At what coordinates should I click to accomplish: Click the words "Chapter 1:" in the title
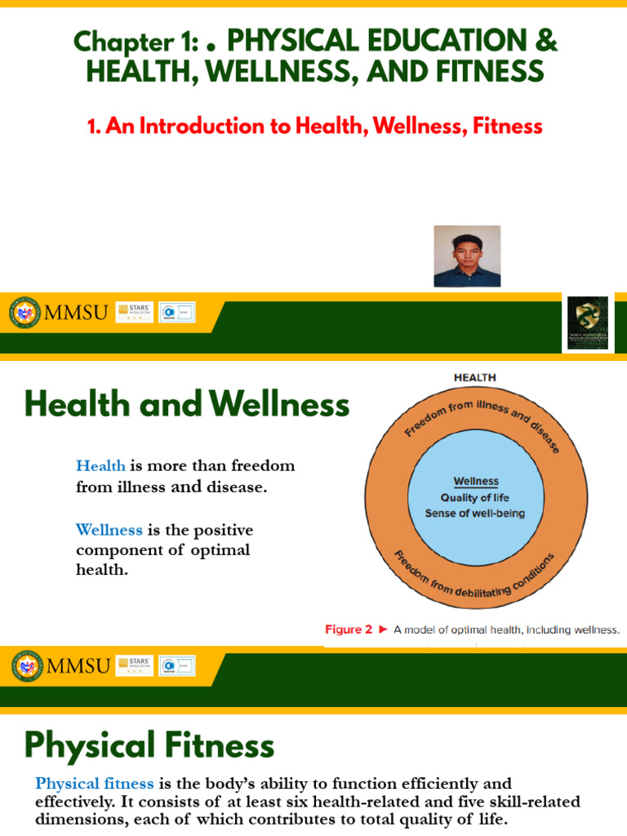click(x=133, y=41)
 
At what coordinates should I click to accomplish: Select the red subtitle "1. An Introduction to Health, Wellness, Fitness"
click(x=314, y=126)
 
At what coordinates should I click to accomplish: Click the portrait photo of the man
click(x=467, y=256)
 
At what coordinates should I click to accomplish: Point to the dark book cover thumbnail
click(x=588, y=323)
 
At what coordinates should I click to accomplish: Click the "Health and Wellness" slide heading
click(x=187, y=405)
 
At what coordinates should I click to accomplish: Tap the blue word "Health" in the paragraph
click(x=100, y=466)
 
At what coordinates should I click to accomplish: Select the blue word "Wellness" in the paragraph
click(x=109, y=530)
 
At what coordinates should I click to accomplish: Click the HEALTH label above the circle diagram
click(x=474, y=378)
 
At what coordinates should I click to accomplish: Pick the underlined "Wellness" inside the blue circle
click(x=476, y=482)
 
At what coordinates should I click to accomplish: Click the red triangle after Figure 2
click(x=383, y=629)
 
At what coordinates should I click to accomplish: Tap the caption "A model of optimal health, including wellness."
click(x=506, y=629)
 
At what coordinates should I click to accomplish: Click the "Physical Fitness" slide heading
click(x=149, y=745)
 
